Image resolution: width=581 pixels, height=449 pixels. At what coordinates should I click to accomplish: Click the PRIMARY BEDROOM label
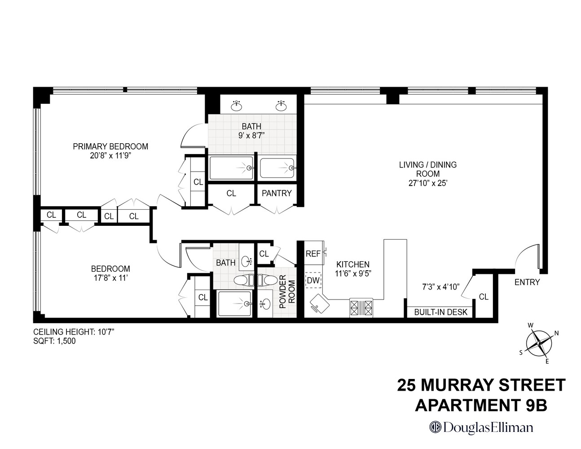click(110, 146)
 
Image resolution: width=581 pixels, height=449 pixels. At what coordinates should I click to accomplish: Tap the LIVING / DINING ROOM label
click(427, 169)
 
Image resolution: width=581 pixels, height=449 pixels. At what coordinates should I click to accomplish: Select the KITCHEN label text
click(353, 264)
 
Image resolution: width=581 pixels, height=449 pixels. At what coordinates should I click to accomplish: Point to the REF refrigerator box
click(313, 254)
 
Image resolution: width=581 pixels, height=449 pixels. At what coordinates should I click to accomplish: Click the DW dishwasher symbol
click(313, 281)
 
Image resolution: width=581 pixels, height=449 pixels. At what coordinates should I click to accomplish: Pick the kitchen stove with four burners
click(361, 308)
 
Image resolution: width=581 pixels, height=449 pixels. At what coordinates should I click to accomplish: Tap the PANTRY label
click(277, 194)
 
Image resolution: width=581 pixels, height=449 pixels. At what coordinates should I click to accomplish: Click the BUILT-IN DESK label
click(440, 312)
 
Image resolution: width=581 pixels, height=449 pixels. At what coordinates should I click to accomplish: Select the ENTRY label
click(527, 282)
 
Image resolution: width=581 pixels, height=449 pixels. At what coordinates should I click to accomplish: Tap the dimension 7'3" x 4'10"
click(441, 286)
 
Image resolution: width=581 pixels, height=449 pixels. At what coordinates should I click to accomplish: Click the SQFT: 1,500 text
click(55, 341)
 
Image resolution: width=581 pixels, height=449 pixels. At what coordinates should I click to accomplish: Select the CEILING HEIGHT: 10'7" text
click(74, 332)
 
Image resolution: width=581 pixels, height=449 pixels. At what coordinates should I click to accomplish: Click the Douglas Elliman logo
click(481, 427)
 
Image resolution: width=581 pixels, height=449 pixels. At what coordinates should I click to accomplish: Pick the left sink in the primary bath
click(237, 106)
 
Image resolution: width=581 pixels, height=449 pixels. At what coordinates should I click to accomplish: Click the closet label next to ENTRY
click(483, 297)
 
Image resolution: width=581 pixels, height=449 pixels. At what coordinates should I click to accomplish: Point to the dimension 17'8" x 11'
click(110, 277)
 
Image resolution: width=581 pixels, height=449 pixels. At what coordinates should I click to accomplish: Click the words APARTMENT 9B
click(481, 405)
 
